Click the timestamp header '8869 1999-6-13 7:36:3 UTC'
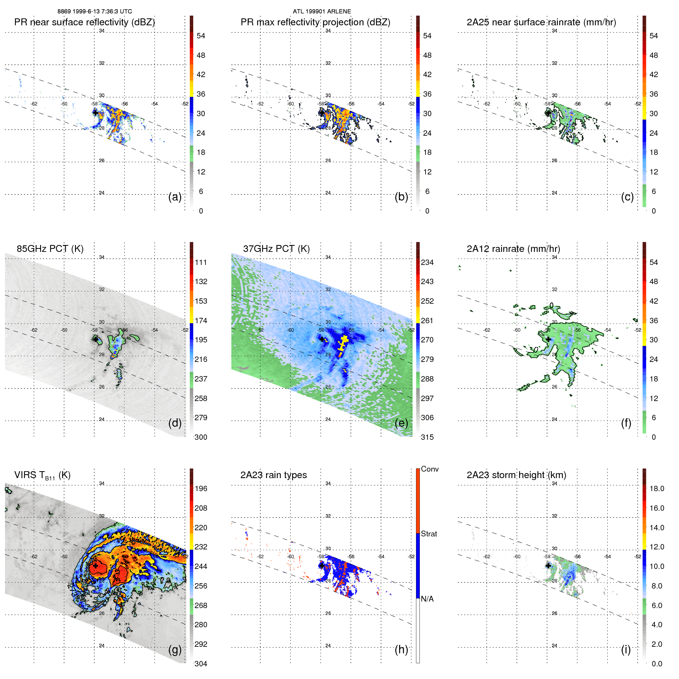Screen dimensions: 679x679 coord(95,12)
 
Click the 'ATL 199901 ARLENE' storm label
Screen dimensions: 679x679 coord(322,12)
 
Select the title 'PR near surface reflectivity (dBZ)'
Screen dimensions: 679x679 coord(84,22)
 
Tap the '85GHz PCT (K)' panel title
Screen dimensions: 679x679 coord(50,249)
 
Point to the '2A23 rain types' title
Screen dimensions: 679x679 coord(273,475)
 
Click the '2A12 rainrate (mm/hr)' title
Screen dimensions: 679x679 coord(513,249)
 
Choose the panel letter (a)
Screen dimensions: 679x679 coord(175,197)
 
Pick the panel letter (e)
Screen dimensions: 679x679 coord(401,423)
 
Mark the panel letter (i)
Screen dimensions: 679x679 coord(626,649)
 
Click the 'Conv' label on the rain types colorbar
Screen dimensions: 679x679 coord(429,469)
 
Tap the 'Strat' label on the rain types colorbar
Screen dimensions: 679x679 coord(429,534)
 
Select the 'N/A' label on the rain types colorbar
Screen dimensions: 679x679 coord(427,599)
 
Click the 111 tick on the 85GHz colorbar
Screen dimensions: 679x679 coord(201,262)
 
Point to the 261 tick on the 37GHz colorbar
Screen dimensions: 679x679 coord(427,321)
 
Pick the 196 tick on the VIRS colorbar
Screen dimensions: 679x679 coord(201,488)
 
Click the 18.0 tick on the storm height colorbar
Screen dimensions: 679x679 coord(656,488)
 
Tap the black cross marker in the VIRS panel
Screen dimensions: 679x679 coord(95,566)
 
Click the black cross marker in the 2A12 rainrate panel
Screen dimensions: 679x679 coord(548,339)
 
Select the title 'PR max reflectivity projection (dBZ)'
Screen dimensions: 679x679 coord(315,22)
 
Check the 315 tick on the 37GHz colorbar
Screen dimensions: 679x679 coord(427,437)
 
